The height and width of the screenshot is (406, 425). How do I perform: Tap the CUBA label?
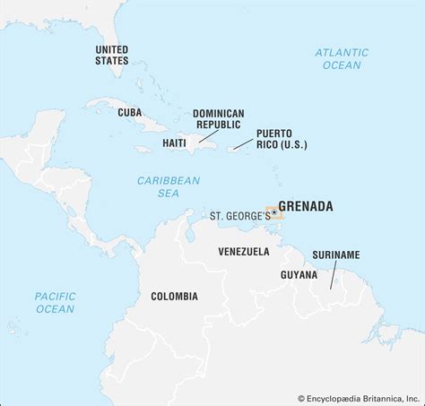tap(129, 112)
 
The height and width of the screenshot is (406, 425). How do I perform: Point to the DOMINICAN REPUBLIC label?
tap(217, 120)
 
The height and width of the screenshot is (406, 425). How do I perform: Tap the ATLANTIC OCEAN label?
tap(341, 59)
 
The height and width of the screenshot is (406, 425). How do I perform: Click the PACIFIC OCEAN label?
tap(55, 303)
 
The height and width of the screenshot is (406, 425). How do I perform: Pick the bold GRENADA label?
tap(305, 206)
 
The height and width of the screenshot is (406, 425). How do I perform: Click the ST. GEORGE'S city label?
tap(239, 216)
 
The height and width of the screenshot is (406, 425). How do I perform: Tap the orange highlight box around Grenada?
tap(274, 212)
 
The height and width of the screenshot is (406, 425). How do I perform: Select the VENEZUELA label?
tap(244, 252)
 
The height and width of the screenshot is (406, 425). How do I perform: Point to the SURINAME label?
tap(336, 255)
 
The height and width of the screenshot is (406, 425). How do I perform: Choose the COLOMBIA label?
tap(174, 296)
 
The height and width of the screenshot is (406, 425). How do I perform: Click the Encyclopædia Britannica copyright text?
tap(359, 397)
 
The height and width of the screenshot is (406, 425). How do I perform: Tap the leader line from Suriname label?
tap(333, 275)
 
